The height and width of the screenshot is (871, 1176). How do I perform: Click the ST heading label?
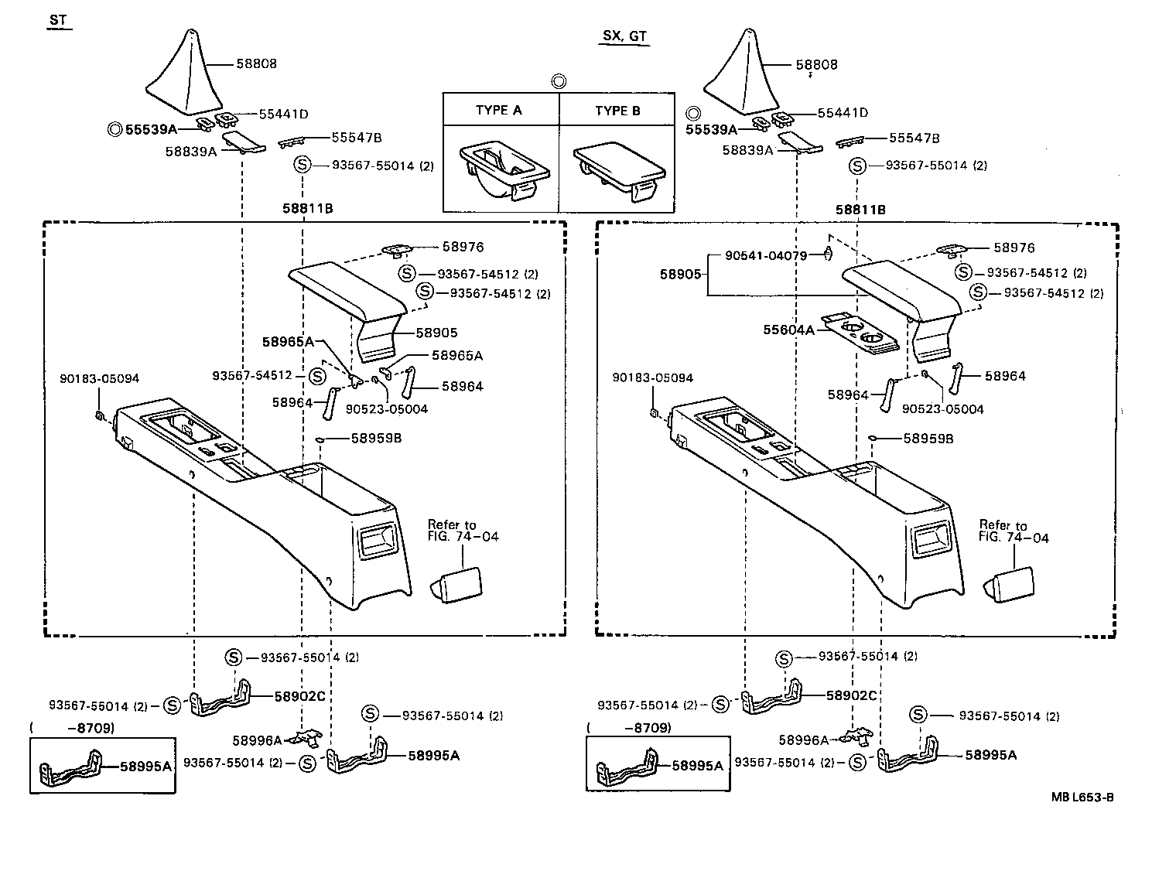coord(57,21)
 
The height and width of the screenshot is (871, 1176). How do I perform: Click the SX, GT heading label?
coord(624,37)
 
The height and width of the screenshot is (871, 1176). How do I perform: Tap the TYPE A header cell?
coord(499,110)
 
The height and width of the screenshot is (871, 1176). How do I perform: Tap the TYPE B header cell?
coord(617,110)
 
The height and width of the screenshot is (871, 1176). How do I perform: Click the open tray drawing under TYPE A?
coord(501,170)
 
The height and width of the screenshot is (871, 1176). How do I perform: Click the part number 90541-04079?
coord(766,255)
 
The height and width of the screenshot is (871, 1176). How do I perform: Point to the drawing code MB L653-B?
coord(1082,798)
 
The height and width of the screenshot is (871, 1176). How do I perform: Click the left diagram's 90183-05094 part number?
coord(100,378)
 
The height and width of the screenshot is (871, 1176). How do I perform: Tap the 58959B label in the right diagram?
coord(928,439)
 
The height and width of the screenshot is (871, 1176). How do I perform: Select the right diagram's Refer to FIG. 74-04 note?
coord(1013,531)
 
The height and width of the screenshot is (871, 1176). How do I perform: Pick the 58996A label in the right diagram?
coord(803,740)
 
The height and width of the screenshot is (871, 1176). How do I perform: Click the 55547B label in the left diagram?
coord(357,137)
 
